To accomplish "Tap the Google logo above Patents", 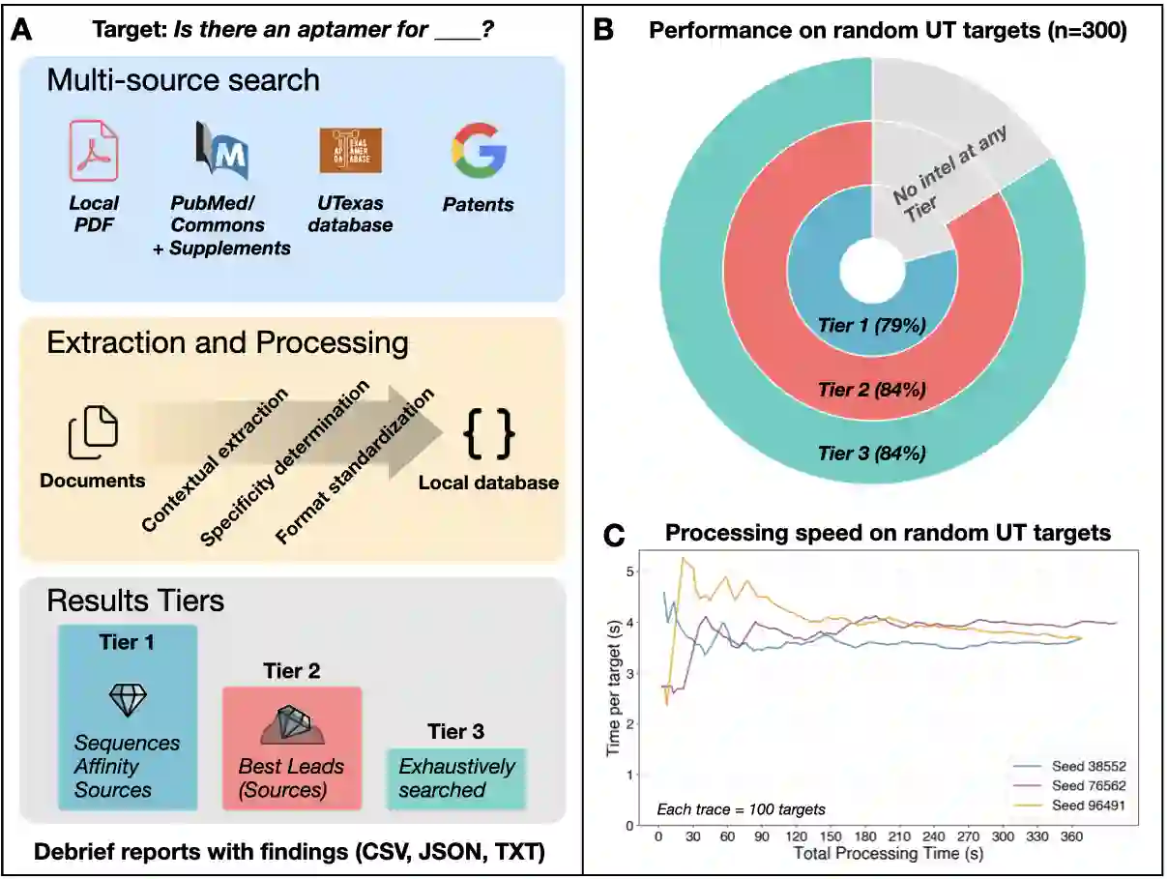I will (x=479, y=152).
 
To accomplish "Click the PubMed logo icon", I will (x=221, y=152).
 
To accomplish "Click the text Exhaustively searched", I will (x=456, y=778).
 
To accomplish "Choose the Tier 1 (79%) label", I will (x=872, y=326).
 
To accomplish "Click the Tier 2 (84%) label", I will (x=872, y=390).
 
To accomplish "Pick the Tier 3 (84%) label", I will (x=872, y=452).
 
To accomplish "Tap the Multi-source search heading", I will (x=184, y=79).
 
